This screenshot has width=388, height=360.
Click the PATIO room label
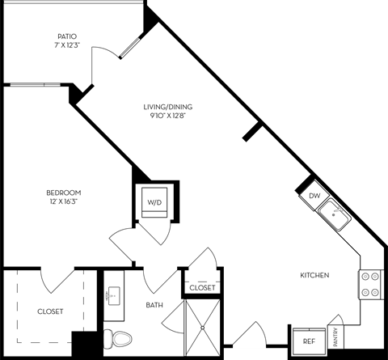pos(66,36)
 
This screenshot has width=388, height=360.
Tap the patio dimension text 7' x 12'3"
pos(66,45)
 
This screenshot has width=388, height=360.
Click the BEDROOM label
pos(62,193)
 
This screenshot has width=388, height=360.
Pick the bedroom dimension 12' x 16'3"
pos(62,202)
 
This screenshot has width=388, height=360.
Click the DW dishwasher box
pos(314,196)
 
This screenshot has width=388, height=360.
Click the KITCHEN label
pos(314,276)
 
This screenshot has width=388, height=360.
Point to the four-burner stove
pos(369,284)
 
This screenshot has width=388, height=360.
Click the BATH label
pos(154,306)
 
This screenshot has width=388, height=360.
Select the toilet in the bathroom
pos(117,338)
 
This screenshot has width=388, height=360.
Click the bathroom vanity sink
pos(113,296)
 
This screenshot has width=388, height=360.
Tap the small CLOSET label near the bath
pos(201,287)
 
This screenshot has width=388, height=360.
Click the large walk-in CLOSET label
pos(49,311)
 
